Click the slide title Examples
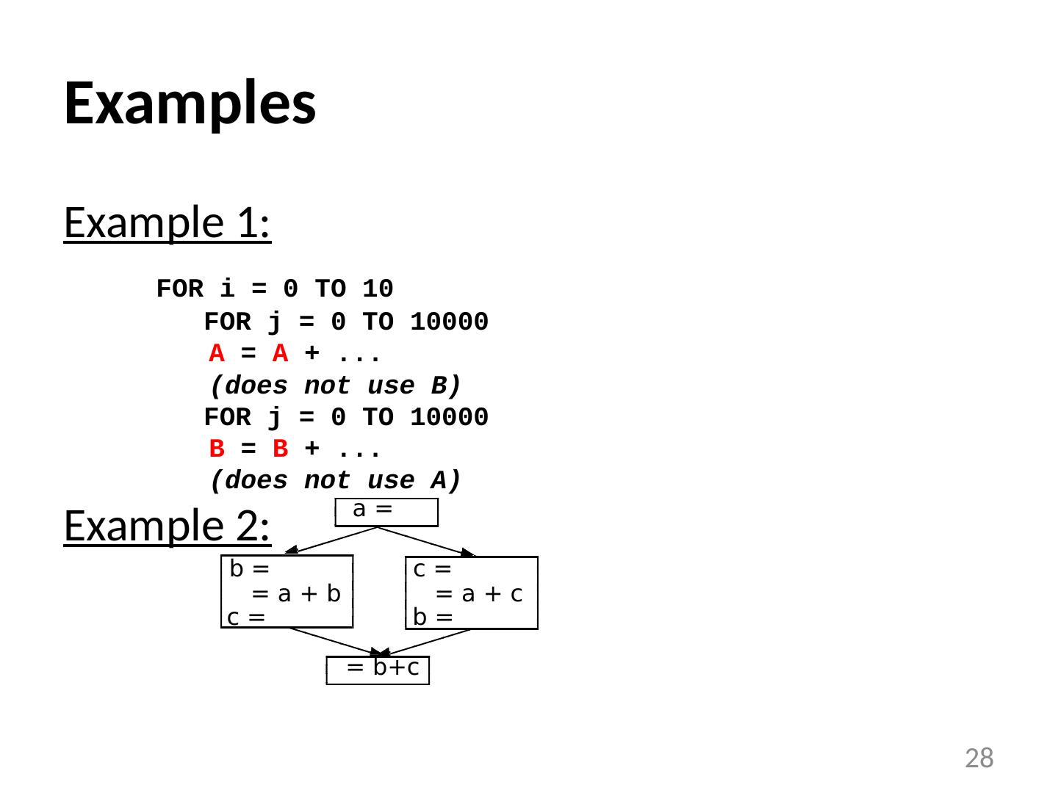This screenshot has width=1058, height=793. coord(190,103)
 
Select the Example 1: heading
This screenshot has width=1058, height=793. coord(168,222)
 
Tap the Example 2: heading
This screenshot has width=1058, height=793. coord(168,526)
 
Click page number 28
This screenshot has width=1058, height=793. coord(979,758)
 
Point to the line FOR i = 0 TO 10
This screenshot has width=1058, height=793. coord(275,289)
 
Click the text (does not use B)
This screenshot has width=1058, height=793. coord(335,385)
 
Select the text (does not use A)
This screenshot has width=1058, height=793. coord(335,480)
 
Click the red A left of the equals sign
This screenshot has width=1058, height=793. coord(217,354)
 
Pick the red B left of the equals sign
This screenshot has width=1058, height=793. coord(217,448)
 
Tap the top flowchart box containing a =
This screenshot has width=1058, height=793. coord(386,512)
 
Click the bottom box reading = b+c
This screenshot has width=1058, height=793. coord(378,670)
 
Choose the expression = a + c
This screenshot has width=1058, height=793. coord(480,594)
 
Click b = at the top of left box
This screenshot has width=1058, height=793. coord(249,570)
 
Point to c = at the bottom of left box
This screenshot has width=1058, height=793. coord(246,618)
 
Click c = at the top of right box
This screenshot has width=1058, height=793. coord(433,570)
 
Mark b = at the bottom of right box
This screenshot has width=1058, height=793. coord(432,618)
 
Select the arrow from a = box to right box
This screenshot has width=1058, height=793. coord(426,542)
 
